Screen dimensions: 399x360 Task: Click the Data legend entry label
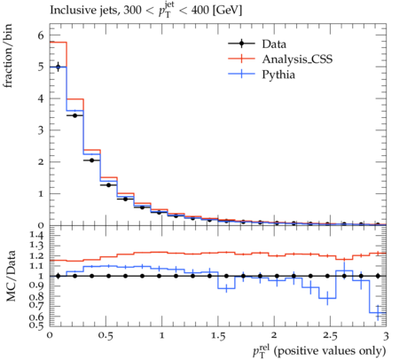click(274, 44)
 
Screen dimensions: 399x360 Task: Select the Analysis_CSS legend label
click(297, 59)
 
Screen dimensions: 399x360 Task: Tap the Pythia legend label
click(278, 74)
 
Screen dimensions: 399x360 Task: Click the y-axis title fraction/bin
click(7, 56)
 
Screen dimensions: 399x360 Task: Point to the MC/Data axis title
click(11, 276)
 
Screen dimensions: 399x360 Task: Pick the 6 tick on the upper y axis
click(41, 35)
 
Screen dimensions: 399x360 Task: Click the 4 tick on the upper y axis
click(41, 98)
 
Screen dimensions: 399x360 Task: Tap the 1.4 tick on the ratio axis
click(35, 236)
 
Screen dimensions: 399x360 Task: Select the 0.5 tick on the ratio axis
click(36, 325)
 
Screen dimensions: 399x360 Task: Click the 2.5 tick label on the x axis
click(330, 336)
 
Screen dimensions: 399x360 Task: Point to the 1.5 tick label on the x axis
click(218, 336)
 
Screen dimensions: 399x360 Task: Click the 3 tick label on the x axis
click(386, 336)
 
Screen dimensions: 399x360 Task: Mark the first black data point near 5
click(58, 67)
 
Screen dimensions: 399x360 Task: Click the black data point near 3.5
click(74, 115)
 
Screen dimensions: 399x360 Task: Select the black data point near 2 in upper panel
click(91, 160)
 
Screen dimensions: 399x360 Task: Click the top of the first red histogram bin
click(59, 43)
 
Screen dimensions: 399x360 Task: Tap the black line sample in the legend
click(241, 43)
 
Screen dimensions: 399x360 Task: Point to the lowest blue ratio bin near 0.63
click(378, 312)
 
